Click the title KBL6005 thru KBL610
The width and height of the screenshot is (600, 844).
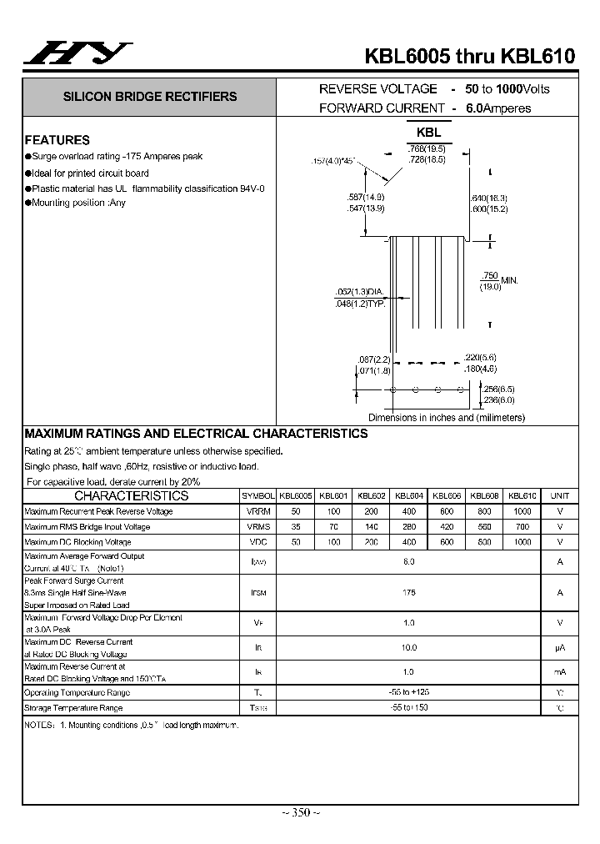(x=469, y=56)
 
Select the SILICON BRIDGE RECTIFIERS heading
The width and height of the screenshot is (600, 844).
(x=150, y=97)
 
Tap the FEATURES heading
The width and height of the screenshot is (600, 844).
(x=57, y=140)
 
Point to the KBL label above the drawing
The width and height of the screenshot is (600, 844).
(x=428, y=133)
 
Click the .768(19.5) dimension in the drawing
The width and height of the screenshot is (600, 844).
(x=426, y=148)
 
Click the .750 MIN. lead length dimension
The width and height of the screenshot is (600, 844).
(x=498, y=281)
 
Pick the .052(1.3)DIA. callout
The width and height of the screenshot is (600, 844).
(x=359, y=292)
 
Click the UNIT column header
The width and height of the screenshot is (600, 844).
(x=560, y=495)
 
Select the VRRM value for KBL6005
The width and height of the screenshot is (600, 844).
(x=295, y=511)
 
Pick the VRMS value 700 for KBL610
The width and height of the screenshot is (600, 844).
(x=522, y=527)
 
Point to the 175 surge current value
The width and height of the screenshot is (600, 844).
(x=408, y=592)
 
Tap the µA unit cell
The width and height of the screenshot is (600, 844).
(x=560, y=648)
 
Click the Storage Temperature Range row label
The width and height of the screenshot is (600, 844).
(x=73, y=708)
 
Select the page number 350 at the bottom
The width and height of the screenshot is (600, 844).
(x=300, y=812)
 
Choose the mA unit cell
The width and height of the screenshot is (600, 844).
(x=560, y=672)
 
